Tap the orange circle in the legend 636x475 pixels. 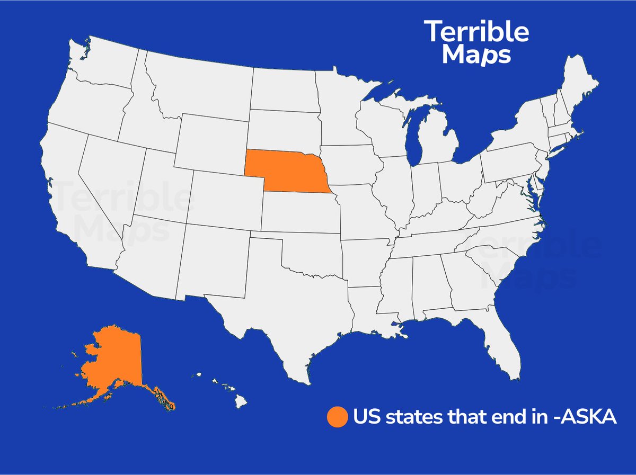337,417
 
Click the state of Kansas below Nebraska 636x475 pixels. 299,212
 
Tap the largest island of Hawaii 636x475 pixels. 241,402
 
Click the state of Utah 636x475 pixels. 162,185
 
